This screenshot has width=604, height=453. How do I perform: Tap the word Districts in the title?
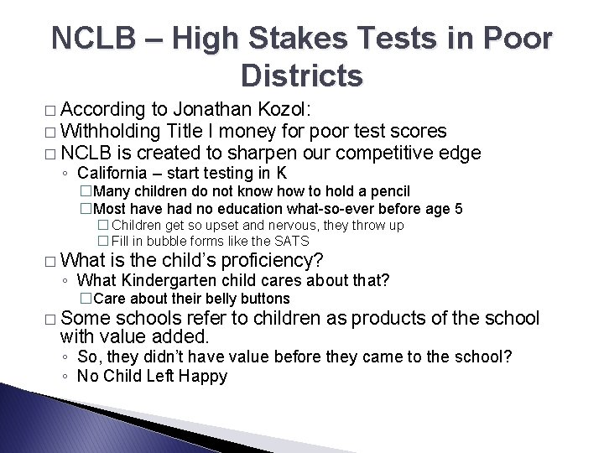[301, 76]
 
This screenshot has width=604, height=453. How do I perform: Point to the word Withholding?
[112, 131]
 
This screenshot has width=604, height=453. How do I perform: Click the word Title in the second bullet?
[189, 131]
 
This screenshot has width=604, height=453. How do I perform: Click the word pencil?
[388, 192]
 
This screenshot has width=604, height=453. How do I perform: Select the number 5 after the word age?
[458, 209]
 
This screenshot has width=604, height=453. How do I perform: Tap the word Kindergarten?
[169, 280]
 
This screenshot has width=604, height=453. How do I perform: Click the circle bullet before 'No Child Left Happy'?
[65, 377]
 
